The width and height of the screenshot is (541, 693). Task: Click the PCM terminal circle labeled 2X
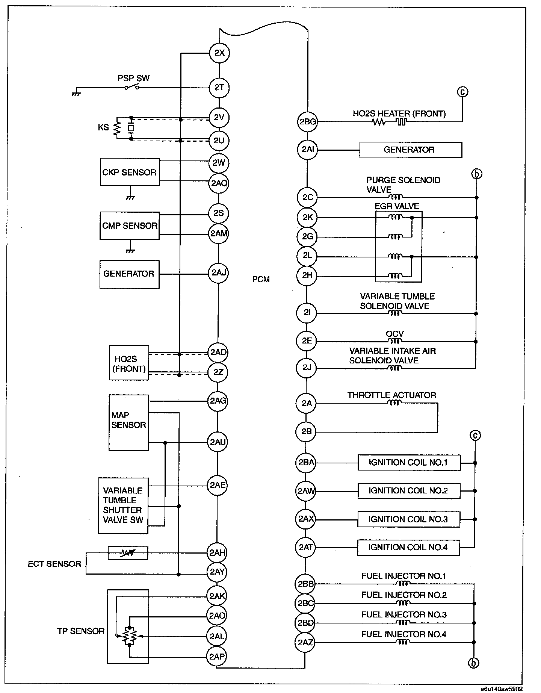tap(219, 53)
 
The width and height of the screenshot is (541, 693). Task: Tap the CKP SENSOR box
tap(130, 172)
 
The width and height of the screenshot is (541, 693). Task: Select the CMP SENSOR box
tap(130, 225)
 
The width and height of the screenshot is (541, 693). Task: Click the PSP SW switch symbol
tap(132, 88)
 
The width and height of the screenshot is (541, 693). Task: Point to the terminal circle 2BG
tap(308, 122)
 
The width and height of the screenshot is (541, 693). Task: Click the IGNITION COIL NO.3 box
tap(408, 519)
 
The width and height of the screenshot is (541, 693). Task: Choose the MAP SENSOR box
tap(128, 422)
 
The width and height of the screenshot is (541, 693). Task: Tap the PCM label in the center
tap(261, 279)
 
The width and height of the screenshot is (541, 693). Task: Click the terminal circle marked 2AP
tap(217, 657)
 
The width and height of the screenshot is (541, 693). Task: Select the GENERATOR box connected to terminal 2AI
tap(410, 150)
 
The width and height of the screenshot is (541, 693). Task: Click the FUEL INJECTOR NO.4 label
tap(404, 634)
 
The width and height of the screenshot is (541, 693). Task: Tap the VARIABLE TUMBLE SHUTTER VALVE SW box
tap(123, 505)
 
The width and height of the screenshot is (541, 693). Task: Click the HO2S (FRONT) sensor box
tap(129, 363)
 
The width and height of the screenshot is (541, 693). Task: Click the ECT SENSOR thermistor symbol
tap(128, 553)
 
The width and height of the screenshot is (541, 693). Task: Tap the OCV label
tap(395, 334)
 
